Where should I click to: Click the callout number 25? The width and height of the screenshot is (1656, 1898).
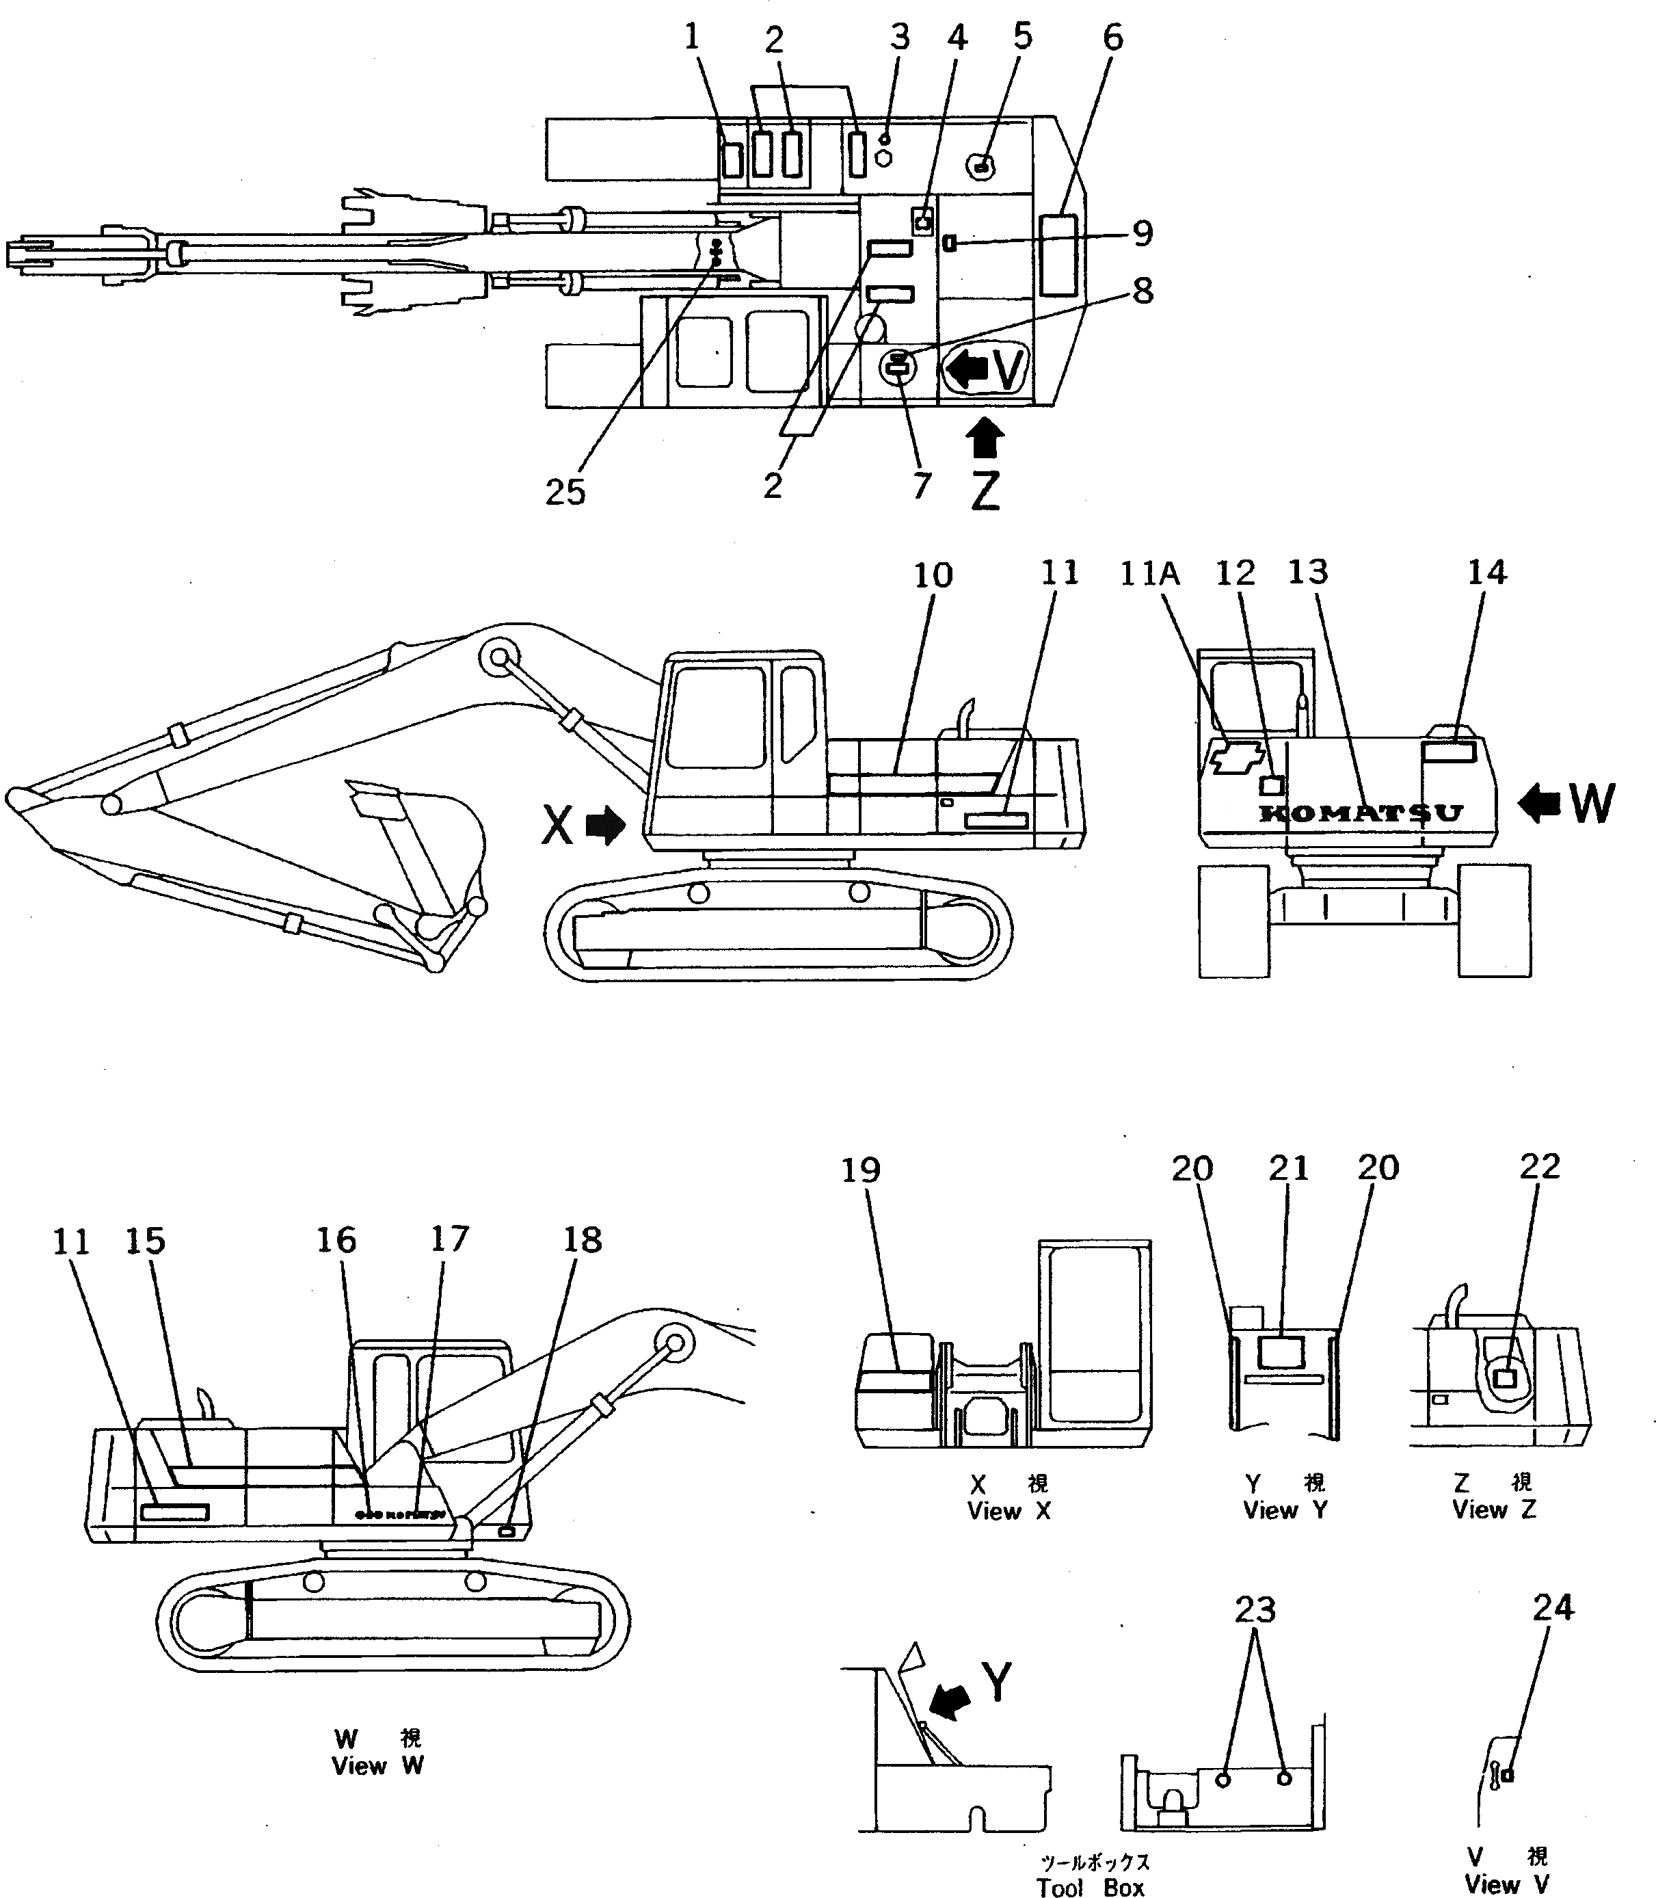tap(565, 492)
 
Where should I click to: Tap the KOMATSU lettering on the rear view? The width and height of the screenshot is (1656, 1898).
tap(1361, 813)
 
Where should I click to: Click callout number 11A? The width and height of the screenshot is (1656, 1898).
tap(1149, 574)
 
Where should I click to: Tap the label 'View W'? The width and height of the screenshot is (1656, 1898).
tap(377, 1766)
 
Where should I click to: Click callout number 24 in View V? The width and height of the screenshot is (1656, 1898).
tap(1553, 1608)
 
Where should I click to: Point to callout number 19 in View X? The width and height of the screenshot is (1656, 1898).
tap(860, 1170)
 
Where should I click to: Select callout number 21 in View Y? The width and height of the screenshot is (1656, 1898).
tap(1288, 1169)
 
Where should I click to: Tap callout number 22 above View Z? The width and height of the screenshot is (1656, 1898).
tap(1540, 1167)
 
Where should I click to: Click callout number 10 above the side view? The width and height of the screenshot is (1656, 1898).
tap(933, 575)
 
